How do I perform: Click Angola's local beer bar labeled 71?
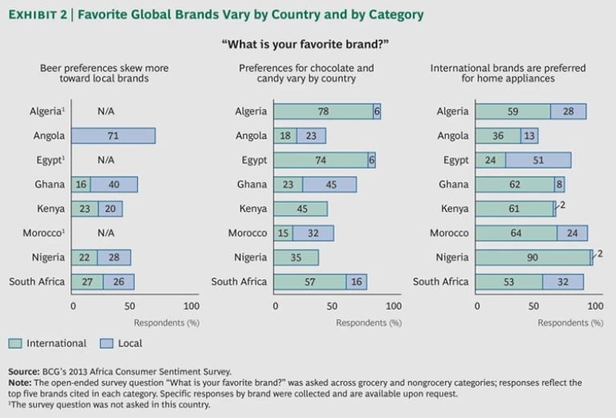pyautogui.click(x=113, y=136)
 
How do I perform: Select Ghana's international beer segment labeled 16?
pyautogui.click(x=80, y=185)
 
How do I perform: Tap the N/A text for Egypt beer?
pyautogui.click(x=106, y=160)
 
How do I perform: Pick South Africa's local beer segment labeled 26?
pyautogui.click(x=118, y=282)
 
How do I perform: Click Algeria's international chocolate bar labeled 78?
pyautogui.click(x=322, y=112)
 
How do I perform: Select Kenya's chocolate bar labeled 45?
pyautogui.click(x=301, y=209)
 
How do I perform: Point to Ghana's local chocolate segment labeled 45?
pyautogui.click(x=330, y=185)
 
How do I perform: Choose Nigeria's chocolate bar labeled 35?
pyautogui.click(x=296, y=258)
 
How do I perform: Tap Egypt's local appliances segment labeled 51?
pyautogui.click(x=537, y=160)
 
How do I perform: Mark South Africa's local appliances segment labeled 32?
pyautogui.click(x=563, y=282)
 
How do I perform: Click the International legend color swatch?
pyautogui.click(x=14, y=343)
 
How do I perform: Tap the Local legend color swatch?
pyautogui.click(x=106, y=343)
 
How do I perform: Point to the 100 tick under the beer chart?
pyautogui.click(x=191, y=306)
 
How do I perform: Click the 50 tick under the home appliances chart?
pyautogui.click(x=535, y=306)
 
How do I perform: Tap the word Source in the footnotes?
pyautogui.click(x=23, y=371)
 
